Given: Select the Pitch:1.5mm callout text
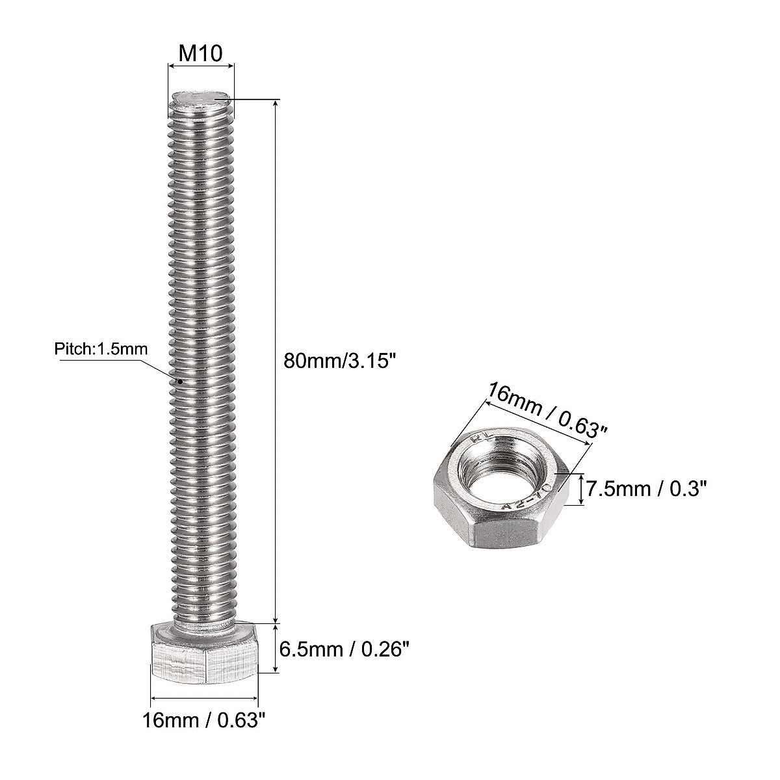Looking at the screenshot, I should (x=101, y=349).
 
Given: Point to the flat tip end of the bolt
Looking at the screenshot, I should (x=201, y=99).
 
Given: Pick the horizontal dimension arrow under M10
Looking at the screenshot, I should (x=201, y=65).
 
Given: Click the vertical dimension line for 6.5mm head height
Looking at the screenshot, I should (x=277, y=648).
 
